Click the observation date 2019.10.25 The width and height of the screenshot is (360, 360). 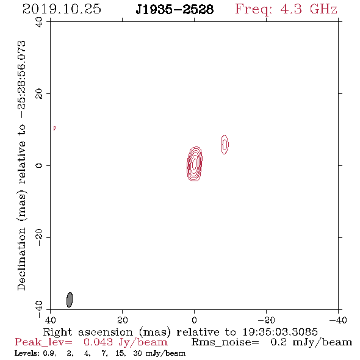[62, 9]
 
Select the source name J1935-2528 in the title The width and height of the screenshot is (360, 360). [175, 10]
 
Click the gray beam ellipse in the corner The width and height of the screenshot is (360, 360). [70, 300]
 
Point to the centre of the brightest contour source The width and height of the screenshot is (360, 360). [195, 164]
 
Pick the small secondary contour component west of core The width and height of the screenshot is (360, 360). [225, 145]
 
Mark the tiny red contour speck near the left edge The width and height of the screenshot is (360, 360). [54, 128]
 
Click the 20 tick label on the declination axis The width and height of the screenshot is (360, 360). [39, 94]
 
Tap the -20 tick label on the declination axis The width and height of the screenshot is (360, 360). [39, 237]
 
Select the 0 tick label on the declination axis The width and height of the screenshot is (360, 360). [39, 165]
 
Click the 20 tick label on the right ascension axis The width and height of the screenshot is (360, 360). [123, 320]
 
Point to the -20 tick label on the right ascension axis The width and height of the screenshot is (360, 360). [266, 320]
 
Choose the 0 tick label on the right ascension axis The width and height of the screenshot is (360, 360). [195, 320]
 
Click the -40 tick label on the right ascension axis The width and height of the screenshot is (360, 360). [338, 320]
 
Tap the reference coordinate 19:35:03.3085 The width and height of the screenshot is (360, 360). [280, 332]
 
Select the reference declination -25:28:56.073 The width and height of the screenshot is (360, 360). [21, 80]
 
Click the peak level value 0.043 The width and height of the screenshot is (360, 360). [98, 342]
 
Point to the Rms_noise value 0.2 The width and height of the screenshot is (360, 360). [278, 342]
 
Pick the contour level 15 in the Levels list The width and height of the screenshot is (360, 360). [120, 353]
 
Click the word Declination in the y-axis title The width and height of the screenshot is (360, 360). [21, 259]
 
